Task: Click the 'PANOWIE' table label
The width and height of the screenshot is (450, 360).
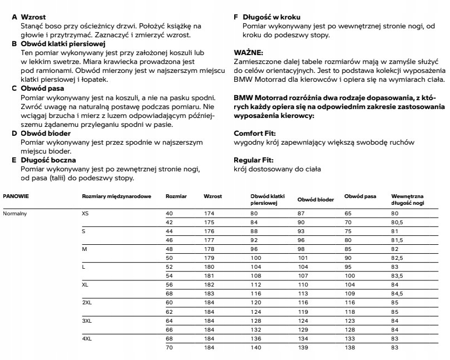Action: click(16, 196)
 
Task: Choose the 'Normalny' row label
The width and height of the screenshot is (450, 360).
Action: click(15, 213)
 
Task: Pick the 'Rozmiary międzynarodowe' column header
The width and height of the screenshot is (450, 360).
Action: click(116, 196)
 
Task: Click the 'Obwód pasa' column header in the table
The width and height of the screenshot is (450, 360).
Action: click(360, 196)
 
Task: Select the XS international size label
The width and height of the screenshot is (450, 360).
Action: click(85, 213)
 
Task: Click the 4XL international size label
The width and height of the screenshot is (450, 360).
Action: click(86, 338)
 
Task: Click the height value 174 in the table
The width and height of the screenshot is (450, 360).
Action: click(209, 213)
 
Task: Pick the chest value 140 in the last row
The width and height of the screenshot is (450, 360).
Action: click(255, 347)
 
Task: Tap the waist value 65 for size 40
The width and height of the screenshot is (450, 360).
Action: click(348, 213)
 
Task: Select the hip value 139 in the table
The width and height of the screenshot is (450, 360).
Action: click(303, 347)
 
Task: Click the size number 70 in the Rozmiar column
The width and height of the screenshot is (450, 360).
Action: click(169, 347)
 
